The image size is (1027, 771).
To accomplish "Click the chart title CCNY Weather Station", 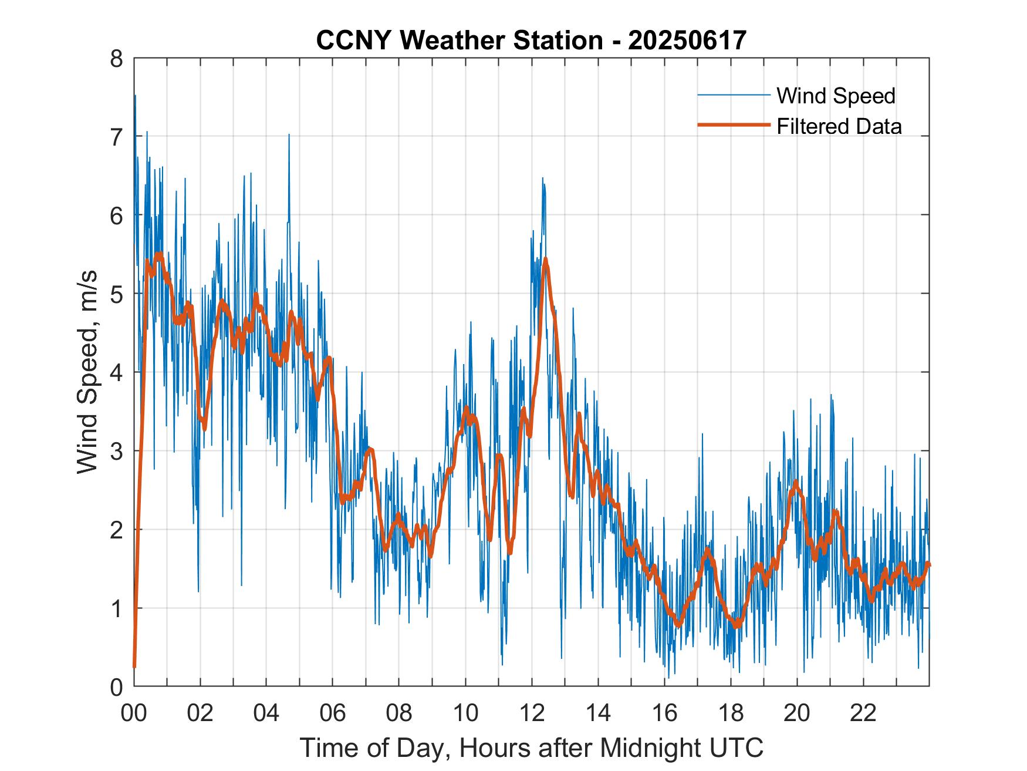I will [459, 41].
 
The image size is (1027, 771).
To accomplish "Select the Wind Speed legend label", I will [836, 96].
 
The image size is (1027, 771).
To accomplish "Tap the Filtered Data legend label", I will [839, 126].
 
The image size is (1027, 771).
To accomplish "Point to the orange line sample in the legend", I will [733, 126].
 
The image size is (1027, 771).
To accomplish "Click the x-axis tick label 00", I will [134, 713].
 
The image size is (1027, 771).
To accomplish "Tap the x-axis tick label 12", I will [532, 713].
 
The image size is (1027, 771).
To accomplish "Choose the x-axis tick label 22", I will [863, 713].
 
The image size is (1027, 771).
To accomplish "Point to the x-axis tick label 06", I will [333, 713].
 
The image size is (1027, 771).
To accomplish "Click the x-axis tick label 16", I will [664, 713].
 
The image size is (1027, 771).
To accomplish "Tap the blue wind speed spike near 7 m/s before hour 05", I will [289, 135].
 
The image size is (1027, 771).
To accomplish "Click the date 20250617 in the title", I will [687, 41].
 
